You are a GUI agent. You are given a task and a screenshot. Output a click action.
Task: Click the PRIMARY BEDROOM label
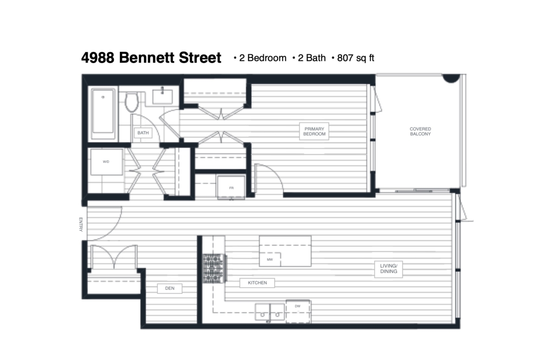coord(314,132)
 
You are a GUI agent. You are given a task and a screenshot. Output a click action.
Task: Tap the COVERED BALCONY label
coord(420,132)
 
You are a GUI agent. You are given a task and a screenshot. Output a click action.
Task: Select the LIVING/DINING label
coord(388,269)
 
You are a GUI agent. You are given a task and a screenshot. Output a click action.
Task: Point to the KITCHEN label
coord(257,283)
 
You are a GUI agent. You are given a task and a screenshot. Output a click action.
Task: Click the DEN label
coord(170,288)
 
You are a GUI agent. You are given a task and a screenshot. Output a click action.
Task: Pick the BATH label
coord(143,133)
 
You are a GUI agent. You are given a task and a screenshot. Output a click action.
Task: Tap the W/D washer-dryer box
coord(106,162)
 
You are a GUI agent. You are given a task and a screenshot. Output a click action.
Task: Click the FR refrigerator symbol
coord(231,187)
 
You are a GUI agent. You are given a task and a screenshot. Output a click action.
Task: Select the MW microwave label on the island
coord(270,260)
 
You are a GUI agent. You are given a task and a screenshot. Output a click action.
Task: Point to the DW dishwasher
coord(298,311)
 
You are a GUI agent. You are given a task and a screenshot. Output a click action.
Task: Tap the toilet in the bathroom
coord(132,102)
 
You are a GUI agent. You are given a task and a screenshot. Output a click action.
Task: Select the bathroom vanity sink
coord(162,96)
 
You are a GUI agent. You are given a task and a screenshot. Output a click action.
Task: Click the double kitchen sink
coord(270,312)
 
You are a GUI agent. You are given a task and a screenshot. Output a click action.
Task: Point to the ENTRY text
coord(81,224)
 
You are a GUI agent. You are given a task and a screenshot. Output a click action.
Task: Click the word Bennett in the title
coord(147,57)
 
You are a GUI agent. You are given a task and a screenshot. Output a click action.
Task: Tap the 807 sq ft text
coord(356,58)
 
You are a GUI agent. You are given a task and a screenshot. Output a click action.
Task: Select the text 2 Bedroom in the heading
coord(263,58)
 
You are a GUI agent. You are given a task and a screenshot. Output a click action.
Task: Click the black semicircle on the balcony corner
coord(451,78)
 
